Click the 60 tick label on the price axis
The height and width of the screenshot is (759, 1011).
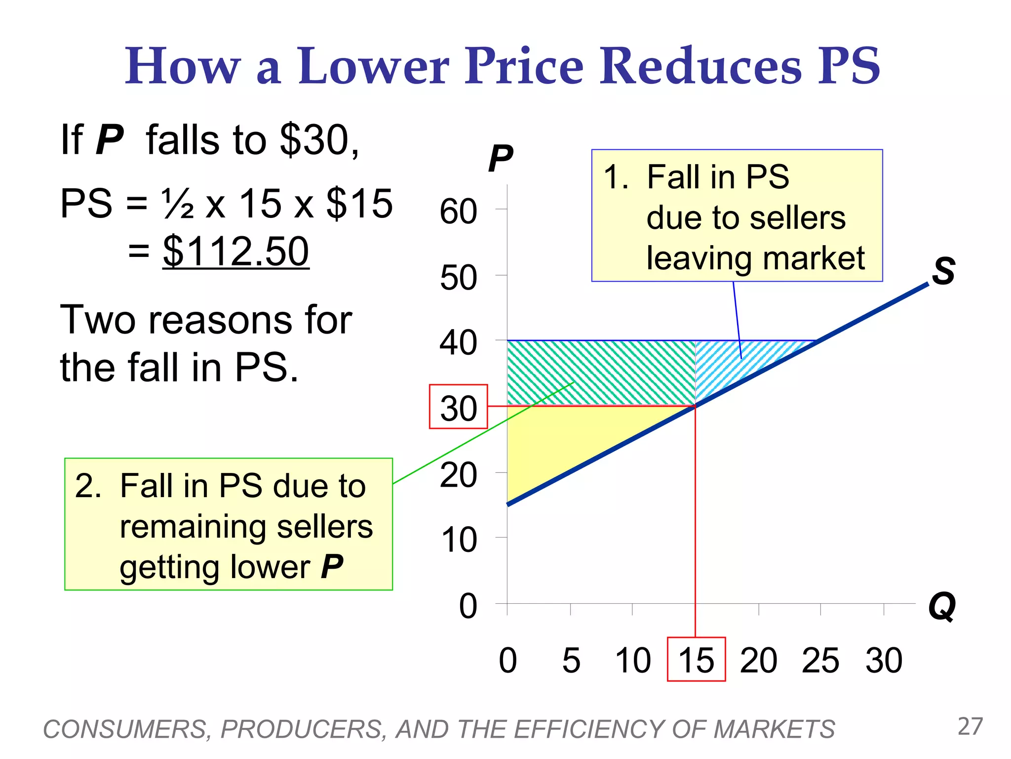pos(459,211)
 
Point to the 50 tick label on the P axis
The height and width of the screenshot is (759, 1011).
pos(459,278)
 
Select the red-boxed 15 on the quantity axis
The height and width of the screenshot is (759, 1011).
pos(696,660)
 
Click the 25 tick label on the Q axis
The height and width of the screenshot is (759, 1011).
pos(820,660)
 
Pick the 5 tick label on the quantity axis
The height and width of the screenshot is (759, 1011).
pos(571,660)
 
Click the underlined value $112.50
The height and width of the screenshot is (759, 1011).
pos(236,251)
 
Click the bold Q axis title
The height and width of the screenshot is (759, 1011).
pos(942,607)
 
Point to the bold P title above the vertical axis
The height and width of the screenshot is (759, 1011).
pos(501,159)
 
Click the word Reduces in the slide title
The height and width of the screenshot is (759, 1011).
pos(700,66)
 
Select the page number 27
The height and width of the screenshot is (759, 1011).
pos(970,726)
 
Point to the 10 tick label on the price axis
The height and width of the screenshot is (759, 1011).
pos(459,540)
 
